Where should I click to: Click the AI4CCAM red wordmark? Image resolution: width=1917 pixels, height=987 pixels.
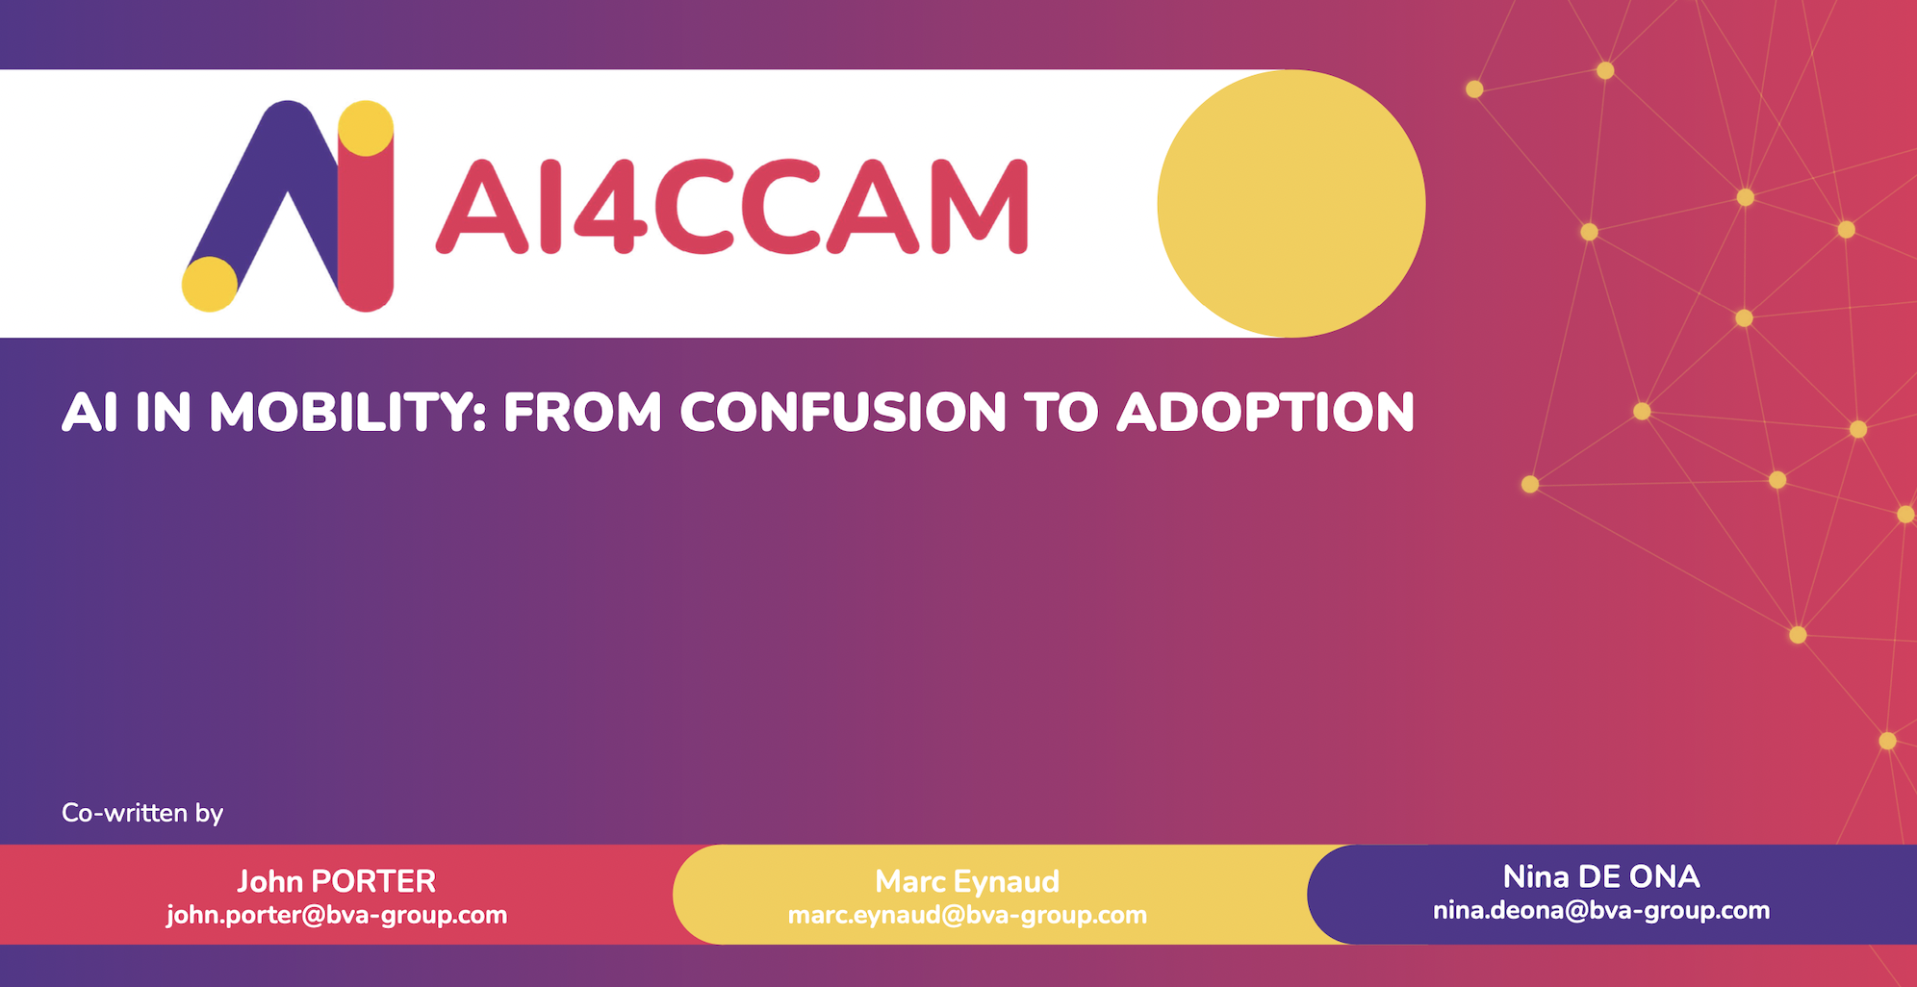coord(732,206)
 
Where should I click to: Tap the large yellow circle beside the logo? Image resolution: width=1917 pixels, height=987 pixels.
coord(1291,203)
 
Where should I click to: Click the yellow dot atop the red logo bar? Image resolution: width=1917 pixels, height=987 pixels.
coord(366,128)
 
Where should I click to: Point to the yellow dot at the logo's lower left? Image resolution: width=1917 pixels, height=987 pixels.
coord(210,284)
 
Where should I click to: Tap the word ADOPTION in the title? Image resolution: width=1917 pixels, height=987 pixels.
coord(1265,413)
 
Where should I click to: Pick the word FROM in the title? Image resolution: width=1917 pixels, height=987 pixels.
coord(583,413)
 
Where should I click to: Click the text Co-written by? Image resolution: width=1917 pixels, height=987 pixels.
coord(142,813)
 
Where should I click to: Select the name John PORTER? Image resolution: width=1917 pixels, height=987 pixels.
coord(337,881)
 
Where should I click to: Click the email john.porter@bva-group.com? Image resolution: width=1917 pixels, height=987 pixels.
coord(337,915)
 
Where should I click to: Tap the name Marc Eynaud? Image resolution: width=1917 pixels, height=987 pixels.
coord(967,881)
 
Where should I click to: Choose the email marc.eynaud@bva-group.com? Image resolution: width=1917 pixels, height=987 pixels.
coord(967,915)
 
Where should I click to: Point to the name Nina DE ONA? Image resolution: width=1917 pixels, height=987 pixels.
coord(1601,876)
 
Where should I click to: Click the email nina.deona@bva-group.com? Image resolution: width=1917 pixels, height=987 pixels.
coord(1601,910)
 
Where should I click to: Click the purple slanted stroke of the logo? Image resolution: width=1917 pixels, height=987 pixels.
coord(265,192)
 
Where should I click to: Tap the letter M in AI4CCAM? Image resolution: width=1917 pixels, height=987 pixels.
coord(979,206)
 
